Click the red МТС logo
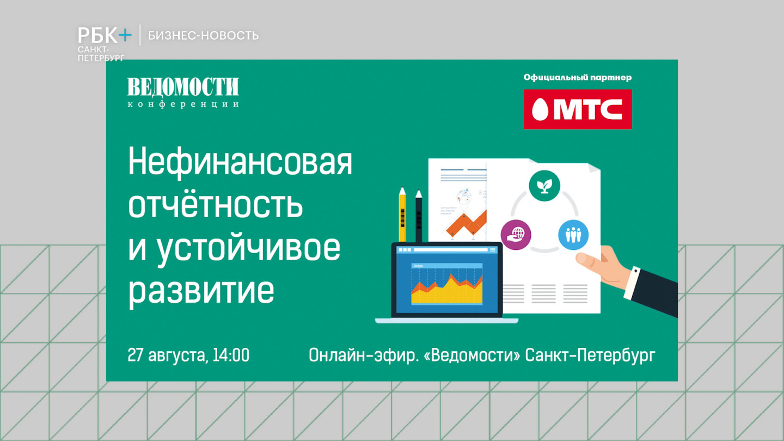[x=577, y=109]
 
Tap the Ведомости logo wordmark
[x=183, y=88]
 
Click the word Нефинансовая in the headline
[x=240, y=163]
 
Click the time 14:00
[x=231, y=356]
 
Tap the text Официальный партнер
[x=577, y=77]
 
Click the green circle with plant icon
[x=544, y=186]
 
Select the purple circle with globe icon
[x=516, y=235]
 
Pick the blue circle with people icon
[x=573, y=235]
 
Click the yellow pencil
[x=402, y=215]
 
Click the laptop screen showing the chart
[x=446, y=282]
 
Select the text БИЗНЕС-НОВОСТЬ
[x=203, y=36]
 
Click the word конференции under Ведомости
[x=183, y=104]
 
